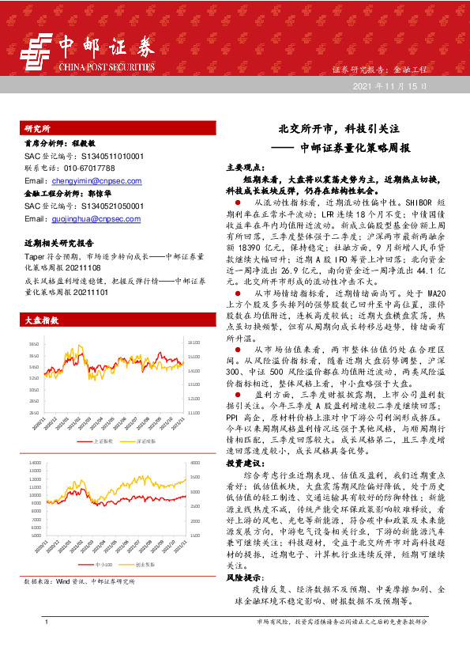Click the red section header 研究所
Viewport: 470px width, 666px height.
pyautogui.click(x=38, y=127)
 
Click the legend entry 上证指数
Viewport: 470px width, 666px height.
pyautogui.click(x=103, y=441)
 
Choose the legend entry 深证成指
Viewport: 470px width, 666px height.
pyautogui.click(x=145, y=441)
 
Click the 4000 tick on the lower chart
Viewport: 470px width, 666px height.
pyautogui.click(x=195, y=460)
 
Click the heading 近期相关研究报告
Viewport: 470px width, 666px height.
pyautogui.click(x=59, y=243)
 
